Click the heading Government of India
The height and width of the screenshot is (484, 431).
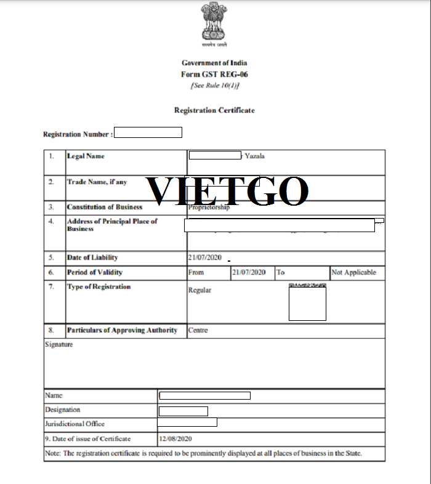(x=214, y=63)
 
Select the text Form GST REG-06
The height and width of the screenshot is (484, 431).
(x=214, y=75)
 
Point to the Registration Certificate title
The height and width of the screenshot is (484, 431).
(x=214, y=110)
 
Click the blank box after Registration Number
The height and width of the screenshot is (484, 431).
(x=148, y=132)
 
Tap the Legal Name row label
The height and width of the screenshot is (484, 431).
(x=86, y=156)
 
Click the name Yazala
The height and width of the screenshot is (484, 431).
(x=255, y=156)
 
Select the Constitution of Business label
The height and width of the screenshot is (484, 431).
(x=104, y=208)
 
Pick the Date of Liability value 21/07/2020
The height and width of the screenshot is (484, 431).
(x=205, y=257)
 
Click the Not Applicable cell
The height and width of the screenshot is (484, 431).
(x=353, y=272)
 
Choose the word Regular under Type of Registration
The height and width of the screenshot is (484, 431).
(x=199, y=289)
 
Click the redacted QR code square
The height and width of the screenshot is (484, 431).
(x=307, y=303)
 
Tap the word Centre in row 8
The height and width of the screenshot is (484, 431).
(x=198, y=330)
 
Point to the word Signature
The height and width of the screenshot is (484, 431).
(x=59, y=345)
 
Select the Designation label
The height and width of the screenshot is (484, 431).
(x=62, y=409)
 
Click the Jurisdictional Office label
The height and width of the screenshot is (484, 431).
(x=75, y=424)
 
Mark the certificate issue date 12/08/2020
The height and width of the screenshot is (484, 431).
(x=176, y=439)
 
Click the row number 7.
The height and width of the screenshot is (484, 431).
(x=52, y=287)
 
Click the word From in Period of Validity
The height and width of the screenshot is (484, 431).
(x=196, y=272)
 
